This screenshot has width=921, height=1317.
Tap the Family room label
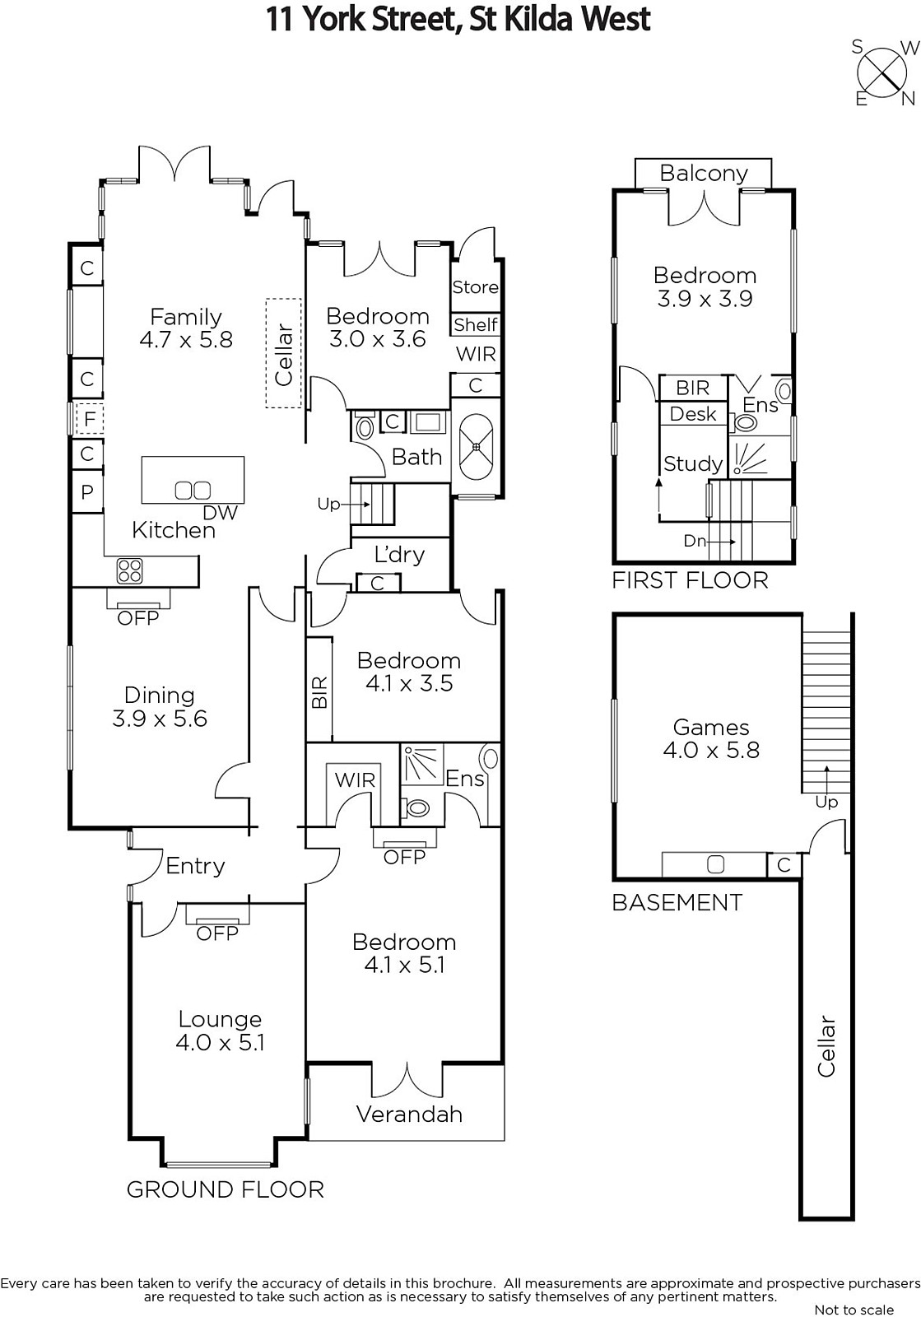click(186, 317)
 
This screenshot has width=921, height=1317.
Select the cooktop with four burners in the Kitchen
click(130, 570)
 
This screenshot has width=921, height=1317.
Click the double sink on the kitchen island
click(193, 490)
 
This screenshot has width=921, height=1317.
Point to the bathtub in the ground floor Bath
click(476, 448)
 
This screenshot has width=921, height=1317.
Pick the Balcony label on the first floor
click(704, 174)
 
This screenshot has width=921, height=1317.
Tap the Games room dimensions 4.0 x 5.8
click(711, 750)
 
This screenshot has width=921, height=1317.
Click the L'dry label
click(399, 555)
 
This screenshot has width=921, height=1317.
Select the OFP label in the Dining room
click(138, 618)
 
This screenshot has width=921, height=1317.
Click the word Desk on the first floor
click(693, 414)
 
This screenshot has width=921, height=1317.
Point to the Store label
click(475, 287)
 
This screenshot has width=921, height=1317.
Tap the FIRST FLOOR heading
click(690, 580)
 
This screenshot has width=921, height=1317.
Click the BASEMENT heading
click(677, 902)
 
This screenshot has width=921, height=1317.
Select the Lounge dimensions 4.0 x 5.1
click(220, 1043)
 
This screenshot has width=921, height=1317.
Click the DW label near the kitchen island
click(220, 513)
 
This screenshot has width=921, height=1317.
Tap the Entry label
click(195, 867)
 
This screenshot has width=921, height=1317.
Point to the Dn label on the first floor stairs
click(695, 540)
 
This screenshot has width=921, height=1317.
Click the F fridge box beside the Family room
click(90, 419)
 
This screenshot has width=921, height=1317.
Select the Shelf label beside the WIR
click(476, 324)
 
